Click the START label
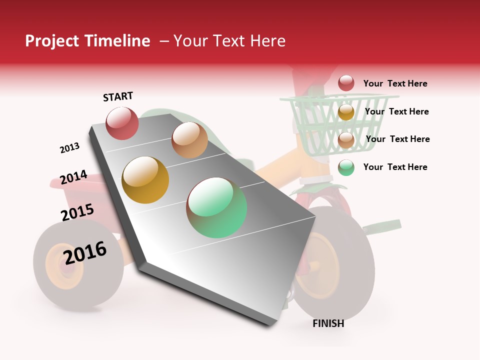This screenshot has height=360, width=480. [x=118, y=96]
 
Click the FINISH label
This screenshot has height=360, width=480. [x=328, y=323]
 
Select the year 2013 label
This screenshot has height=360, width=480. [x=69, y=148]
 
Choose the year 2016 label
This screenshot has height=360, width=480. [x=85, y=253]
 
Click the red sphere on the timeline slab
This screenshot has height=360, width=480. [x=122, y=123]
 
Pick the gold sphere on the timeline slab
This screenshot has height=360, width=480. [x=145, y=180]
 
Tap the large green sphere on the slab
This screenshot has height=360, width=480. [x=216, y=207]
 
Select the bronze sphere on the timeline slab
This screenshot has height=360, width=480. [x=189, y=140]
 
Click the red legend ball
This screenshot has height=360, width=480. [x=346, y=83]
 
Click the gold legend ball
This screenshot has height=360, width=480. [x=346, y=112]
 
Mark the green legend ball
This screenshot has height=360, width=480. [x=346, y=167]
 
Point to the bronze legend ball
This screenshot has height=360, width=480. [x=346, y=140]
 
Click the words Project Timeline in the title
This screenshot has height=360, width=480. [x=87, y=41]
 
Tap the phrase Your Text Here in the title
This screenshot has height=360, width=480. [x=229, y=41]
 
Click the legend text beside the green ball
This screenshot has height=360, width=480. [x=395, y=167]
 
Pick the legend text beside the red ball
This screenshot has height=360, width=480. [x=395, y=83]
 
